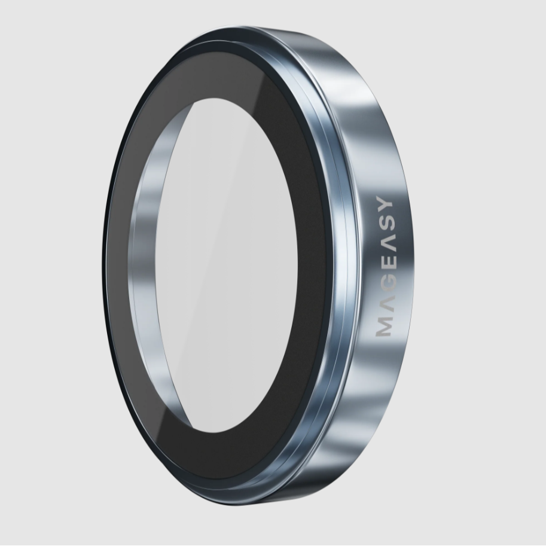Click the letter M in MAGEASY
click(384, 327)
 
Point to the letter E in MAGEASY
click(384, 266)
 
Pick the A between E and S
click(384, 247)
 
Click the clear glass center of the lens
click(237, 265)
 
